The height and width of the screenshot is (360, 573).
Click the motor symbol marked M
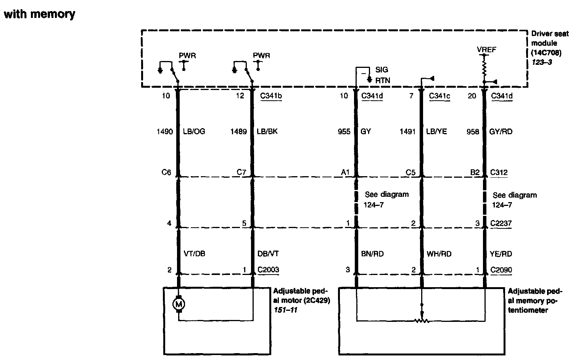coord(178,304)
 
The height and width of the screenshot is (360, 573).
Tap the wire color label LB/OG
coord(193,132)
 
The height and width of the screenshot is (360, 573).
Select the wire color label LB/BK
coord(267,132)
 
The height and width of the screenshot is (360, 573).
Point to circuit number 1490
coord(164,132)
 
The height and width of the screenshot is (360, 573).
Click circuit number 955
coord(344,132)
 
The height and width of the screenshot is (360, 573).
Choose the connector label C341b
coord(271,96)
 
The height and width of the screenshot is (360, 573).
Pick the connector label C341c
coord(439,96)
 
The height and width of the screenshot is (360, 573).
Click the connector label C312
coord(499,172)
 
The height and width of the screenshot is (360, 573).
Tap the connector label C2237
coord(501,223)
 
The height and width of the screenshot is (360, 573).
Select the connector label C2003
coord(268,270)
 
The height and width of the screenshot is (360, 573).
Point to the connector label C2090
coord(501,270)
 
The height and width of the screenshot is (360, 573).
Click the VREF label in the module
coord(486,50)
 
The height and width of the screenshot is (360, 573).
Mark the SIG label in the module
coord(381,70)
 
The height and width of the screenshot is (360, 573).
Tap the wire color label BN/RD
coord(372,254)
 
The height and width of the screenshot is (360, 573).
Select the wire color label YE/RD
coord(501,254)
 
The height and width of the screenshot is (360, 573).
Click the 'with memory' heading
coord(39,14)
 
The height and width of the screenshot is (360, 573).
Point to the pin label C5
coord(410,172)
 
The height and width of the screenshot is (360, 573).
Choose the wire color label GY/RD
coord(501,132)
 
